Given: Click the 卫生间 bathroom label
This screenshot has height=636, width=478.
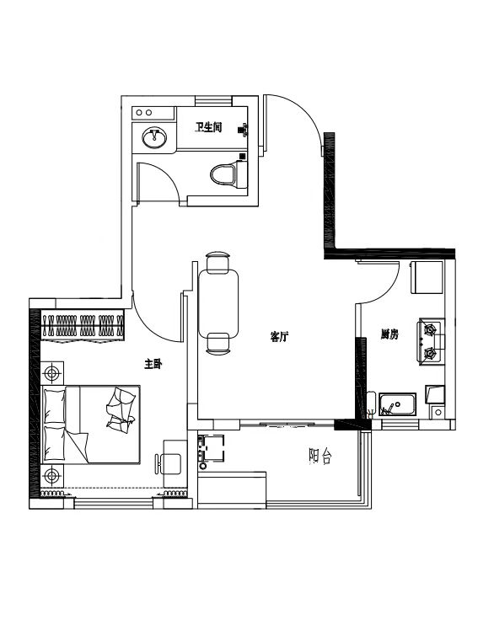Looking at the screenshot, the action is point(208,128).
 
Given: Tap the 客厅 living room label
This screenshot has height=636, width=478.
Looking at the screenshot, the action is point(279,336).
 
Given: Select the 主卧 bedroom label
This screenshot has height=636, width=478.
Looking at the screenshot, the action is point(153,364).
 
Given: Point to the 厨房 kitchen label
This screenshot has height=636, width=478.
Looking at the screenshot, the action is point(389,334).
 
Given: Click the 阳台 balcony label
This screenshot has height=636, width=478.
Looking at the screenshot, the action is point(320,457).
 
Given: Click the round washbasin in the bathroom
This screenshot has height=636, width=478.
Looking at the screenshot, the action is point(154,137).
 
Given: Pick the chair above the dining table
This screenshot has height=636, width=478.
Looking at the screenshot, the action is point(218,263).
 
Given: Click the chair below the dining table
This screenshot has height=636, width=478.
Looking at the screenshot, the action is point(218,344).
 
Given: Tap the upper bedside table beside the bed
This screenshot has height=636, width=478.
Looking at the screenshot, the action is point(52,373).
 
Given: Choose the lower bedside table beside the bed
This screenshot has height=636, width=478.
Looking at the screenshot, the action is point(52,475).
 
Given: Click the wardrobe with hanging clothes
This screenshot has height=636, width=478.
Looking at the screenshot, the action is point(83,326).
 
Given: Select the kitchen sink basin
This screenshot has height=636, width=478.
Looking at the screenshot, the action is point(397,404).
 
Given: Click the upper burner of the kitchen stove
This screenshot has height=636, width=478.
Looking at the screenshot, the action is point(430,329).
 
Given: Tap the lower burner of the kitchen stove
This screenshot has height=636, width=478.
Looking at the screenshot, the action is point(430,354).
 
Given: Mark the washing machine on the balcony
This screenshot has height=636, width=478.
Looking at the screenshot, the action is point(211,448).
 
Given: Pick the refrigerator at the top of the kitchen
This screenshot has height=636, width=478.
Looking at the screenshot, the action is point(427,277).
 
